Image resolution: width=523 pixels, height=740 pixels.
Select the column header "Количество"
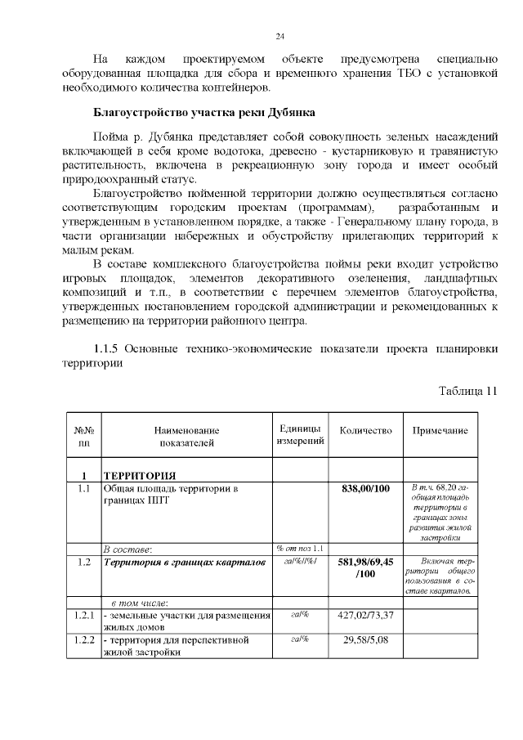point(365,431)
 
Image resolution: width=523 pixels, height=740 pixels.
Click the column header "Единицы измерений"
point(299,436)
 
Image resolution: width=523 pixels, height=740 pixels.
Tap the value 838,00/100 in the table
point(366,489)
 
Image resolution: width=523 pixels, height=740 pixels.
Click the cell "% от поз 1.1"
point(299,548)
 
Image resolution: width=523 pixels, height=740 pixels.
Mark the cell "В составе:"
point(127,549)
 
